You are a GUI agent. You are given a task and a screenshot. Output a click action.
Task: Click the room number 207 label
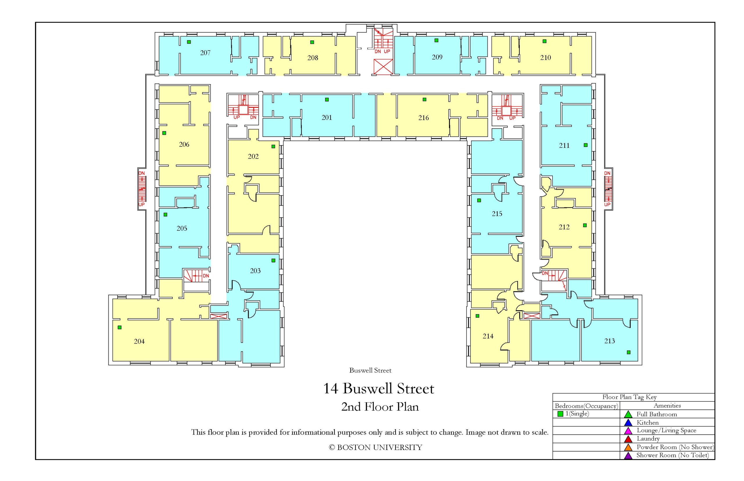coord(205,53)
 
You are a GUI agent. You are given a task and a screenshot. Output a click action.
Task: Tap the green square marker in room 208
coord(312,42)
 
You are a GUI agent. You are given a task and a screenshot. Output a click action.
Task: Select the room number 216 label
coord(423,118)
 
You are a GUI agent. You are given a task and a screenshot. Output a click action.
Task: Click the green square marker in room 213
coord(628,352)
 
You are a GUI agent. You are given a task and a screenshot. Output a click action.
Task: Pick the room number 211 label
coord(564,145)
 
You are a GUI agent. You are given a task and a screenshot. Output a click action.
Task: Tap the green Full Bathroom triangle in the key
coord(628,414)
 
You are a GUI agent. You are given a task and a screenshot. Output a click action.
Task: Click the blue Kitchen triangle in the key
coord(628,423)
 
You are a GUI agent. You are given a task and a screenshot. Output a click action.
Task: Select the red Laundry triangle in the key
coord(628,439)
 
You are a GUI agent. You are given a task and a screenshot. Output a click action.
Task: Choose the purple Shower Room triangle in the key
coord(628,455)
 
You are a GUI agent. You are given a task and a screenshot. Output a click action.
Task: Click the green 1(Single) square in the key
coord(560,414)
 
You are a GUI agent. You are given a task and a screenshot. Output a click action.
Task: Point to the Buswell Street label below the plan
coord(370,370)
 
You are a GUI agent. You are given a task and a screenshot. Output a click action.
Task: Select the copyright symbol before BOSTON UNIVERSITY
coord(332,448)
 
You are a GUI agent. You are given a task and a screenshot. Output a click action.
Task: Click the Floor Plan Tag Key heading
coord(629,397)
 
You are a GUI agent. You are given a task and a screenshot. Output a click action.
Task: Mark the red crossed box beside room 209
coord(383,67)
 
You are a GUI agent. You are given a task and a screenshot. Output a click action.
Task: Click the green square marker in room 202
coord(273,146)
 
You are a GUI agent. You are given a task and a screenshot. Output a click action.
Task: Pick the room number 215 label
coord(497,214)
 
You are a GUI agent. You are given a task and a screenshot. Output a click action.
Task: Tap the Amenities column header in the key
coord(667,406)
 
